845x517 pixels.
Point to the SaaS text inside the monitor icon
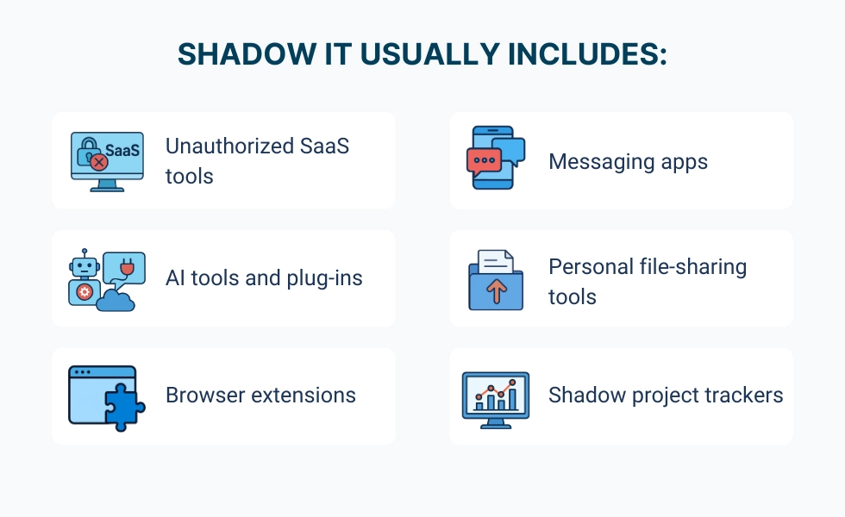(x=122, y=147)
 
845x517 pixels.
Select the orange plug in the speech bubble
(x=127, y=269)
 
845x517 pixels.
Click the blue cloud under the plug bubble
(x=117, y=299)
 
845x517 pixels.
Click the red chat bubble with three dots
(x=482, y=161)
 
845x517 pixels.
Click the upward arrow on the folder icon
(x=496, y=291)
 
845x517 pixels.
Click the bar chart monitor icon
(x=496, y=398)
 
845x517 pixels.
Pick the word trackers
(x=743, y=396)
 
